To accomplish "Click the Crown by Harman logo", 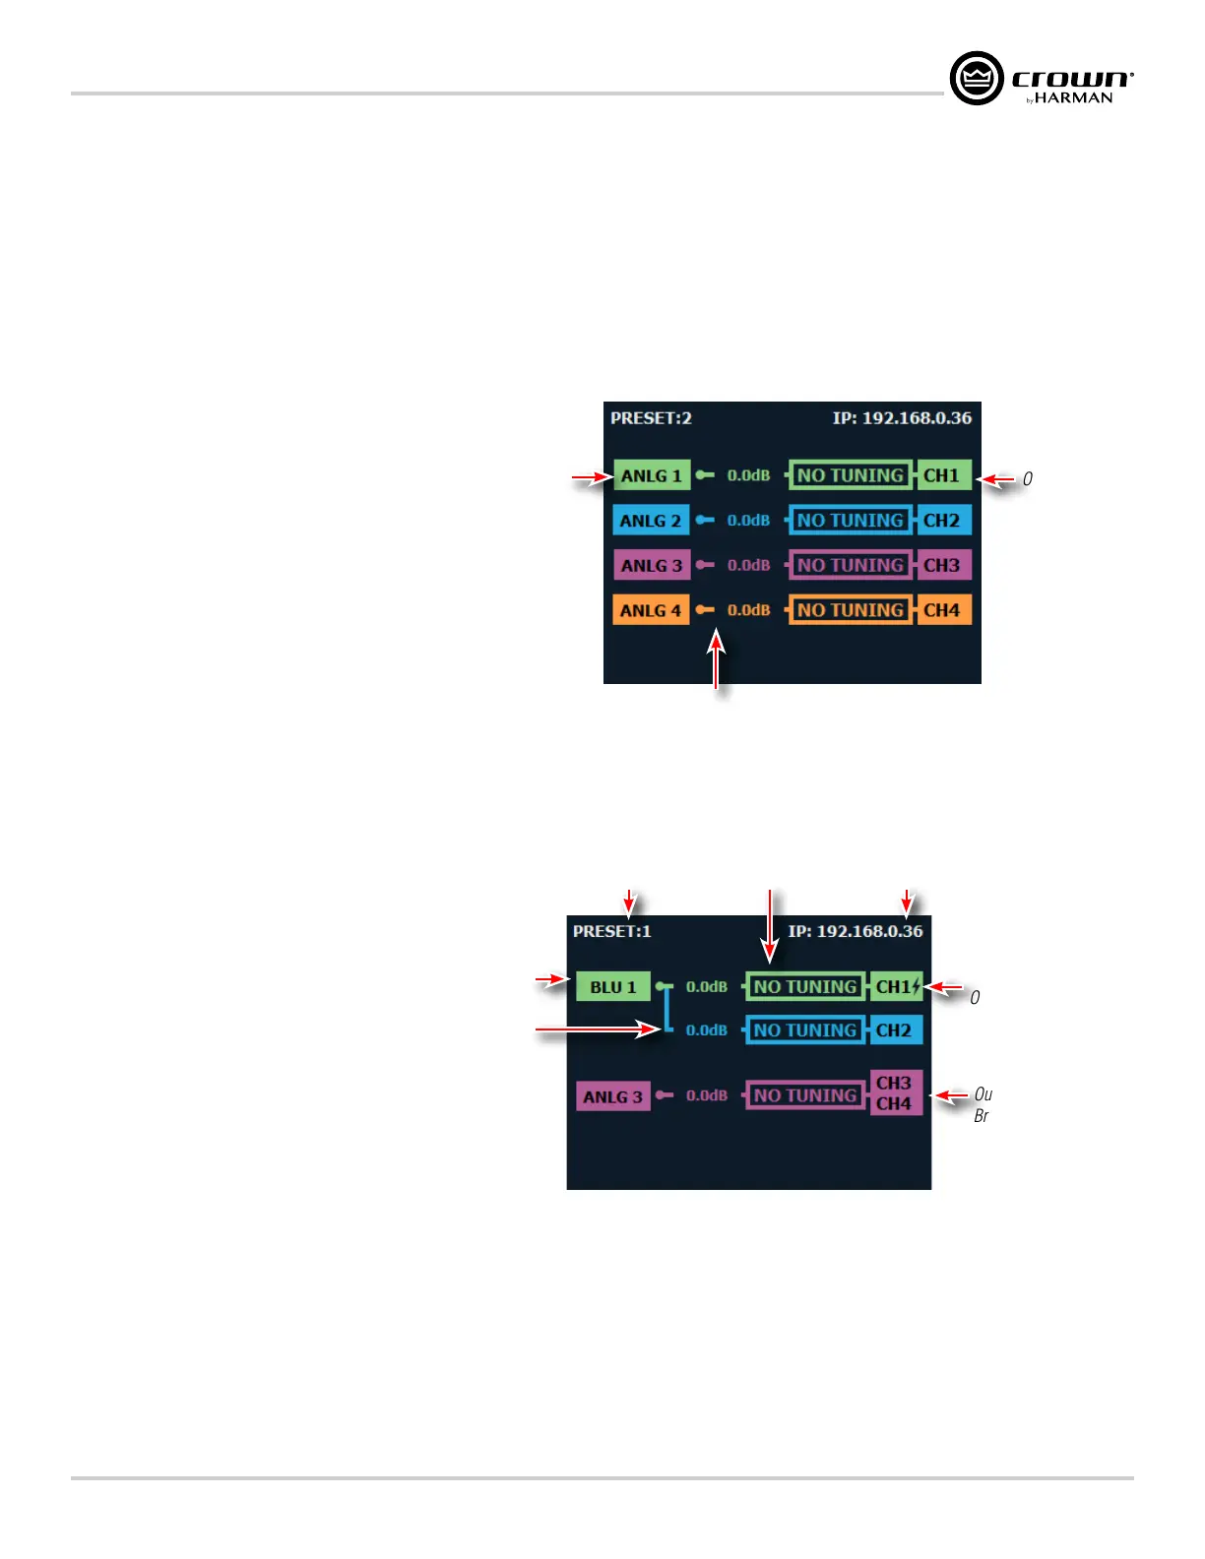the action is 1041,79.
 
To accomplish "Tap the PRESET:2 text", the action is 651,418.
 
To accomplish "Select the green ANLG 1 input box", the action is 651,475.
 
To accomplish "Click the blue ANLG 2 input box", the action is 650,521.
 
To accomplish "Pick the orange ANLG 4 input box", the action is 650,610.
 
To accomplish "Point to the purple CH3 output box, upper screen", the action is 942,565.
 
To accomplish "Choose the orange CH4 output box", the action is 942,610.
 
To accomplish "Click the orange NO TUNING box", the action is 851,610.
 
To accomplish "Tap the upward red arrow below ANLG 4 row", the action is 717,659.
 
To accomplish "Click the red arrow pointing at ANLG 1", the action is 591,478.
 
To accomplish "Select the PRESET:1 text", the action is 611,931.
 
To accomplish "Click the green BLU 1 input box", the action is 612,987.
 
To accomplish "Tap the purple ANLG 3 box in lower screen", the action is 612,1096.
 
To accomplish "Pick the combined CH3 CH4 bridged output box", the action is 895,1093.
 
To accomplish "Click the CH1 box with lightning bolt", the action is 897,986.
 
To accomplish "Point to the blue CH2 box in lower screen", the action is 895,1030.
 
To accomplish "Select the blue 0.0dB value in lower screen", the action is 707,1030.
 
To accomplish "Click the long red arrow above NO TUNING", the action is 770,925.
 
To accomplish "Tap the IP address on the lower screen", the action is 856,931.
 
